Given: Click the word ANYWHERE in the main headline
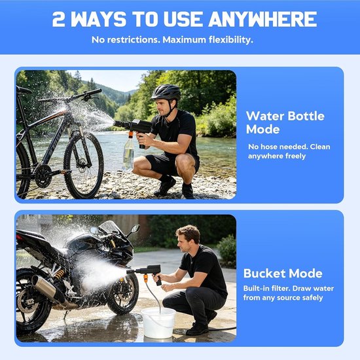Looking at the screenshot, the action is click(262, 19).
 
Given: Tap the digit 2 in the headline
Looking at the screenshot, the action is click(58, 19).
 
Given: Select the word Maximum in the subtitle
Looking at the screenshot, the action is click(184, 40).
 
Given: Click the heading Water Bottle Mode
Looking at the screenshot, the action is click(285, 122).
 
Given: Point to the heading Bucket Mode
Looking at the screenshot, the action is click(283, 274).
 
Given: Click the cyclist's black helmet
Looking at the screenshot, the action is click(166, 92).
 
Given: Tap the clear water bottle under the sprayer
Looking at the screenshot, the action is click(128, 153).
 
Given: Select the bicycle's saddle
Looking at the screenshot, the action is click(24, 90).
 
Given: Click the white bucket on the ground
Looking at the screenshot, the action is click(158, 323).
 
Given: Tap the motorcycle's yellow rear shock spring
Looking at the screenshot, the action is click(59, 274).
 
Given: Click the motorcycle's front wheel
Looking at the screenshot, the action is click(123, 293).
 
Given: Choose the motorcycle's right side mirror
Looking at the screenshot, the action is click(135, 228).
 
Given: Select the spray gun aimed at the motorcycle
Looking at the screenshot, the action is click(147, 272).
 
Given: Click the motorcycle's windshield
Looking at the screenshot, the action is click(110, 228).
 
